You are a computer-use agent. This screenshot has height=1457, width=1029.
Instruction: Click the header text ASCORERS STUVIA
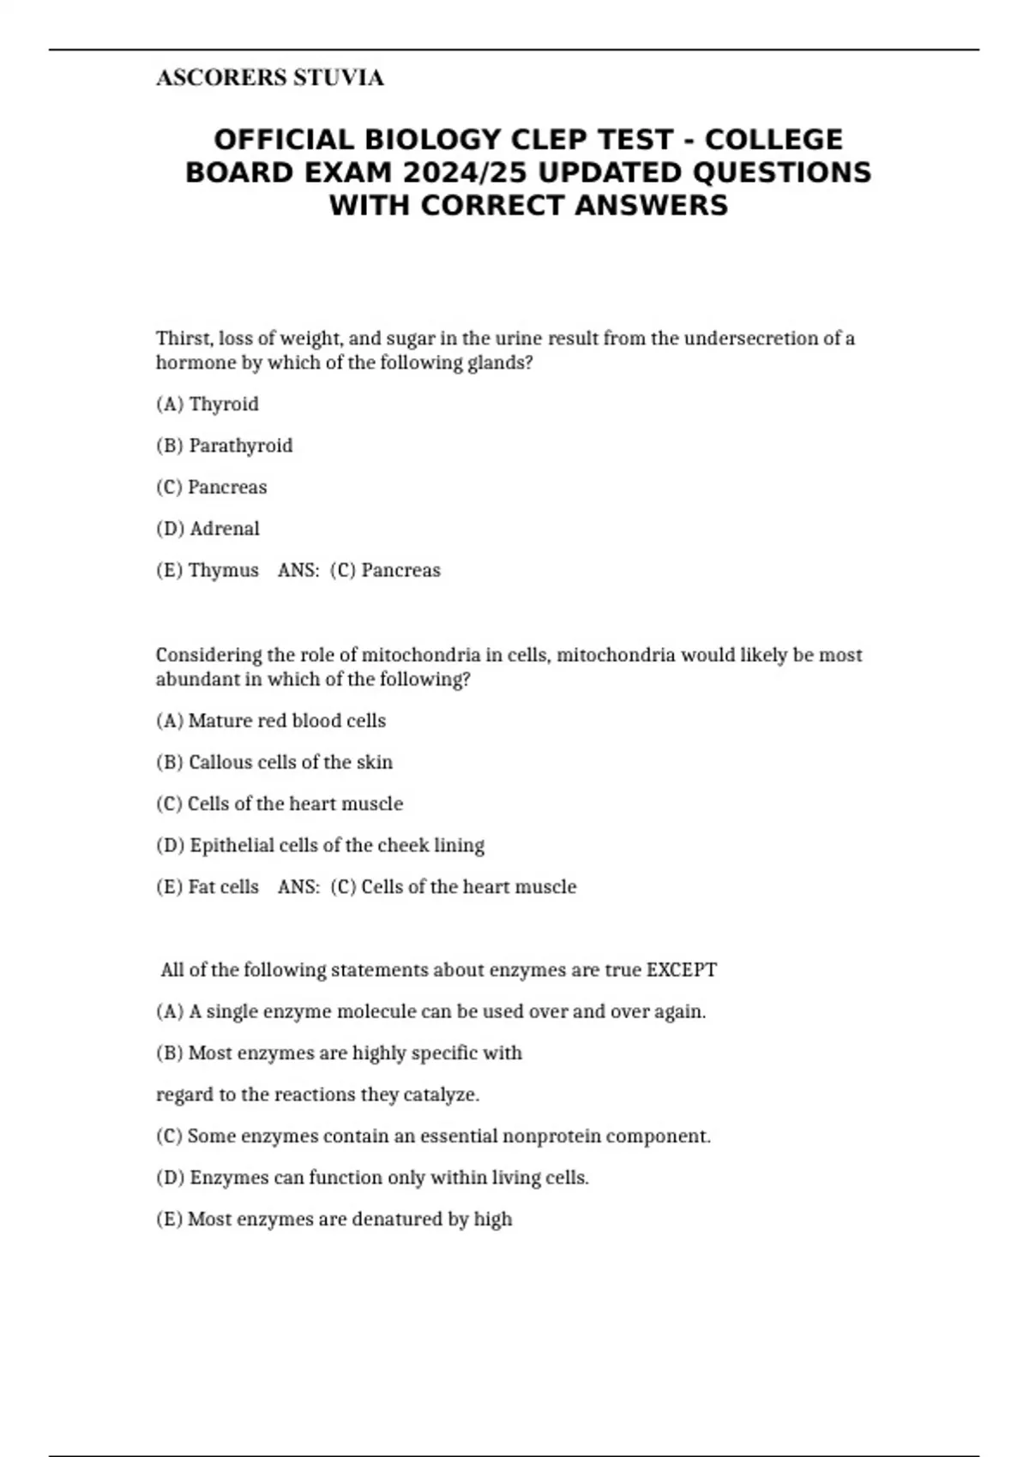coord(269,78)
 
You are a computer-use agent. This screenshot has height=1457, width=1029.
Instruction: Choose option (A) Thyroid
coord(208,404)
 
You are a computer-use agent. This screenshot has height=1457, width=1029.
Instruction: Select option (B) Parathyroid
coord(225,446)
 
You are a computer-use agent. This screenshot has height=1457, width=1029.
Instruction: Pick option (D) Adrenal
coord(208,529)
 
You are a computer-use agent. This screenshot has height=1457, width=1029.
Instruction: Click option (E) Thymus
coord(208,570)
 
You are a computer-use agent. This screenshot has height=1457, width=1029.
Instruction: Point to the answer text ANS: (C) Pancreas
coord(359,570)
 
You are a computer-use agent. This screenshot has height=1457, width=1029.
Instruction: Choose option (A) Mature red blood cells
coord(271,721)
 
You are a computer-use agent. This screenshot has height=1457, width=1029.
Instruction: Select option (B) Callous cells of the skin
coord(274,762)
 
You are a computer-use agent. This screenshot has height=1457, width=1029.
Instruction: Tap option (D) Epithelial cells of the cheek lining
coord(320,845)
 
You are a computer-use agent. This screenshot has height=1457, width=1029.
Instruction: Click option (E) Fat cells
coord(208,886)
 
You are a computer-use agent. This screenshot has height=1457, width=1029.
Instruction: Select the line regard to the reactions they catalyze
coord(318,1094)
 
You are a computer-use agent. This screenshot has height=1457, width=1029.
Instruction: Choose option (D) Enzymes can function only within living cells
coord(372,1178)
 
